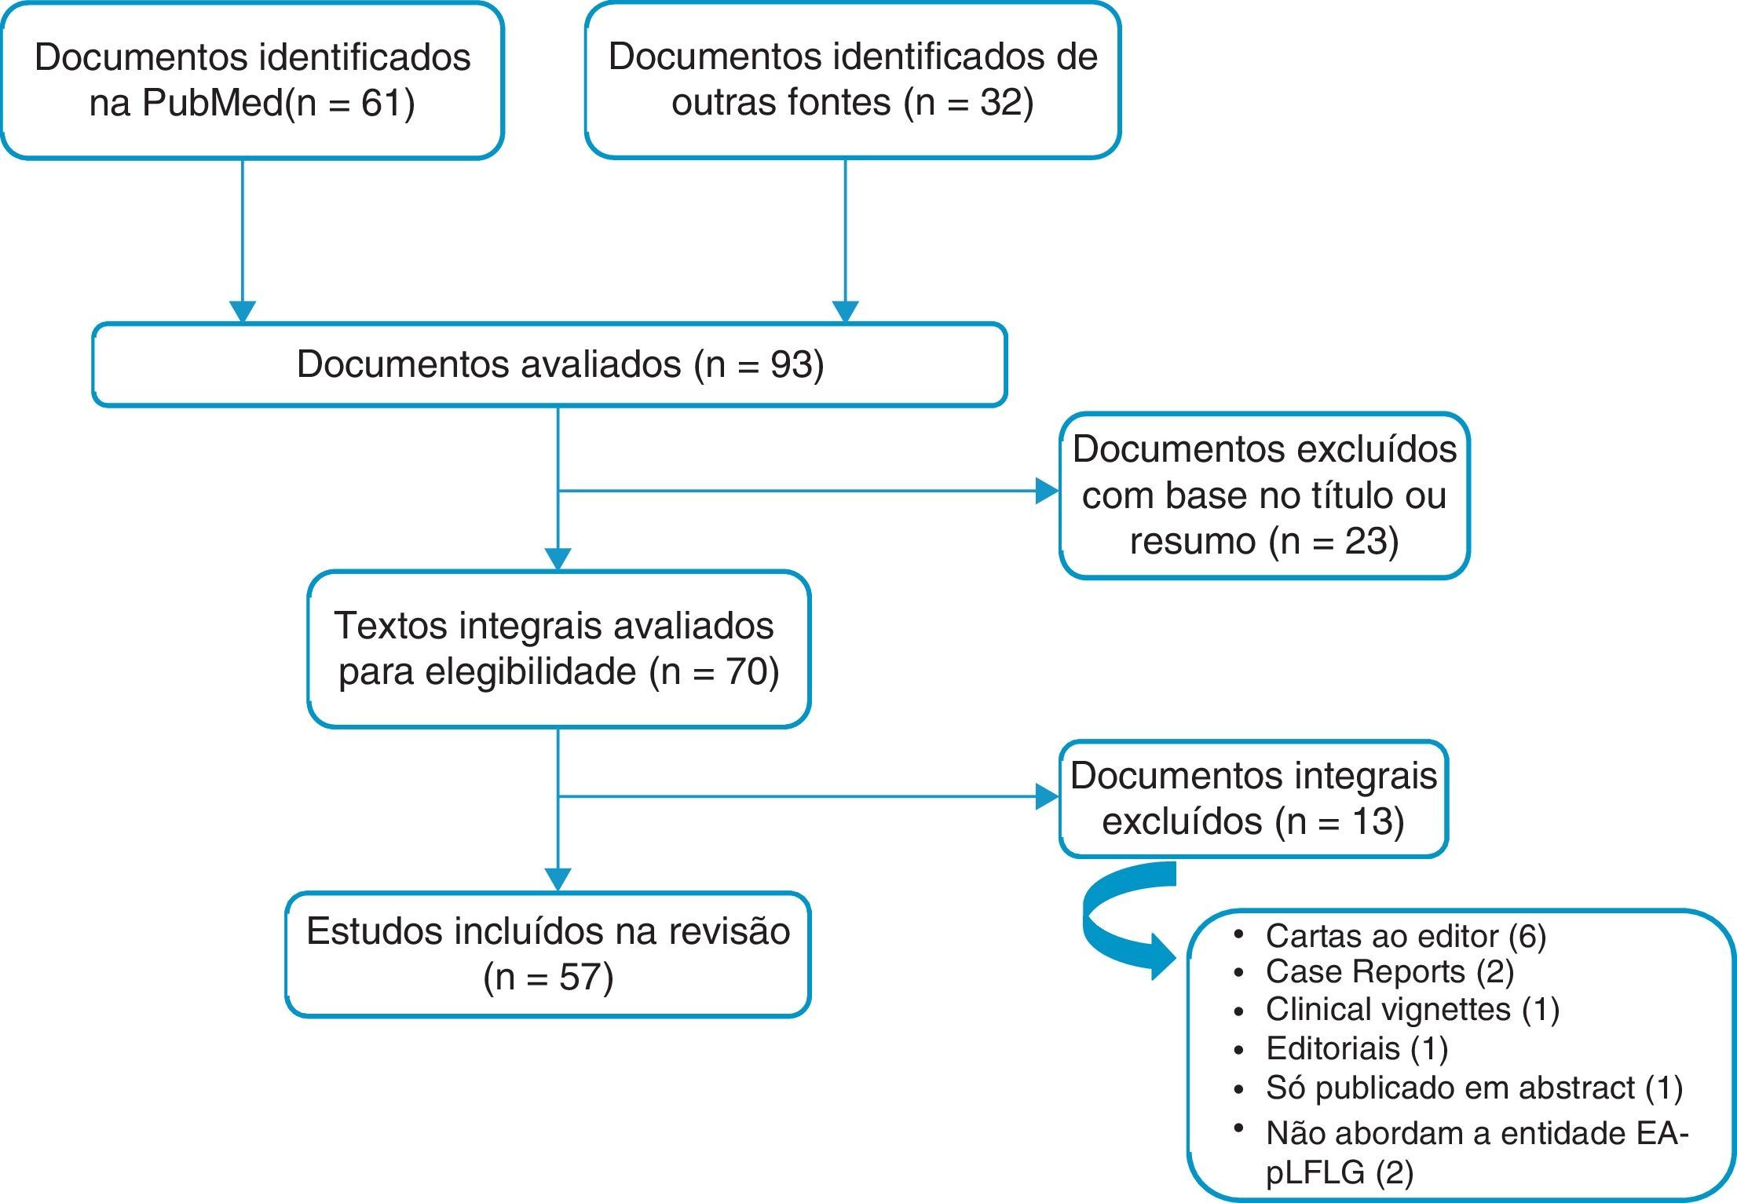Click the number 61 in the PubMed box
tap(382, 103)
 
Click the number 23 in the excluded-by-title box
tap(1369, 542)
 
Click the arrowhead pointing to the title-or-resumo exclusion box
tap(1047, 492)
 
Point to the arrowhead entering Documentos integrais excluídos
tap(1047, 797)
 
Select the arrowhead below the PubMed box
tap(243, 312)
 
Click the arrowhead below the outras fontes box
tap(845, 312)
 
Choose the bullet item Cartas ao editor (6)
tap(1405, 936)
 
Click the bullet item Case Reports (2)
tap(1389, 972)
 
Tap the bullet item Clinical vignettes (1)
tap(1412, 1010)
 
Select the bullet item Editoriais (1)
tap(1356, 1049)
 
